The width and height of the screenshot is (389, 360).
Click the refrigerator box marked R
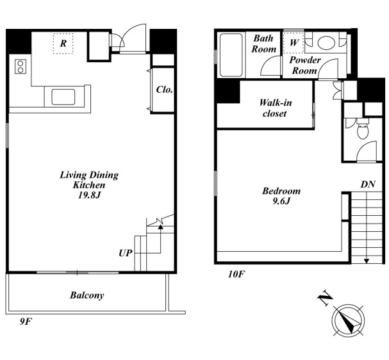click(x=63, y=44)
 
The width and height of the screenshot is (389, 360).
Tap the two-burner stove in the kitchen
click(x=21, y=67)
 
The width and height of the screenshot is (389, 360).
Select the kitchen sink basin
click(x=63, y=97)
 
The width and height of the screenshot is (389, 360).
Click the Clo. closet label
click(x=164, y=90)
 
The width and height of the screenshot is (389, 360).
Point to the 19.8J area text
click(x=89, y=195)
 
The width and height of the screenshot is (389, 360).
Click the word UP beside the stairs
click(x=125, y=253)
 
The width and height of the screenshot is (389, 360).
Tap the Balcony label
click(x=87, y=295)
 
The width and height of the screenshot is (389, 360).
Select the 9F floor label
click(x=26, y=322)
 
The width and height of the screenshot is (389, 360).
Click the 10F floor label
click(x=236, y=274)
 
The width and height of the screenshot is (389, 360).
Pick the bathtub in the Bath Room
click(x=231, y=55)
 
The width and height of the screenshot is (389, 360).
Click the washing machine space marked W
click(x=294, y=42)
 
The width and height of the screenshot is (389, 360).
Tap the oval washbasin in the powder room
click(x=326, y=42)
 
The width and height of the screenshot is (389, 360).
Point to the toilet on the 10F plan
click(x=363, y=129)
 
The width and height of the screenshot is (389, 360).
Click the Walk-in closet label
click(x=275, y=108)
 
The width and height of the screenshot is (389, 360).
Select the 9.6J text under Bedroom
click(x=281, y=201)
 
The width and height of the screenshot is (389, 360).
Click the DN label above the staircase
click(x=368, y=184)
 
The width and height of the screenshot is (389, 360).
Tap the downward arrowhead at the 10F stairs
click(x=367, y=261)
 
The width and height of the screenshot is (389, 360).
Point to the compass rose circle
click(x=349, y=320)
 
